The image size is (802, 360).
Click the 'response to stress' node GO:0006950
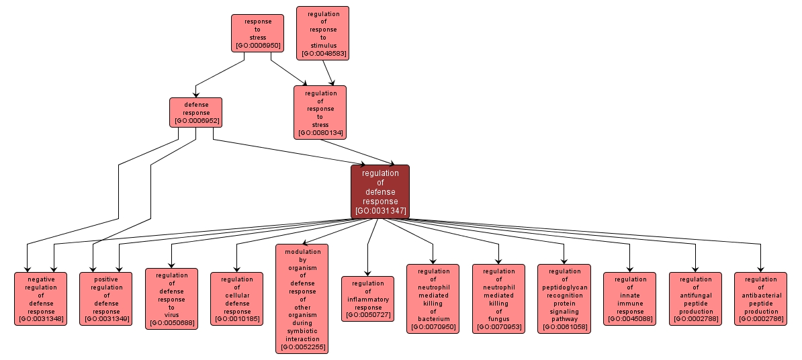tap(257, 34)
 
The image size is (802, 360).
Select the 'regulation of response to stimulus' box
tap(323, 33)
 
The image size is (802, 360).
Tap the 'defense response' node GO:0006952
tap(196, 112)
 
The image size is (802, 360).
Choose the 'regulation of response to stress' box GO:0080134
tap(320, 112)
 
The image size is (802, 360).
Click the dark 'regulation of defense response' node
tap(380, 191)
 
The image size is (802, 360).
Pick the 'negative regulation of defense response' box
tap(41, 299)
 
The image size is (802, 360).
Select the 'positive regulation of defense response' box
tap(106, 299)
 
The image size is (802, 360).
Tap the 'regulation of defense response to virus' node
tap(171, 299)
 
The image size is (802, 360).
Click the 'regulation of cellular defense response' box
tap(236, 299)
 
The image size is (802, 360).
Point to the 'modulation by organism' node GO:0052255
tap(302, 299)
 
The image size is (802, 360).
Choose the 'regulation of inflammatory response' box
tap(367, 299)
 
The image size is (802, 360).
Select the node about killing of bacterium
tap(433, 299)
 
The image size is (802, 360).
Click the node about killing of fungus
tap(498, 299)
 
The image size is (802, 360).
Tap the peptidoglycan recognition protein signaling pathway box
tap(564, 299)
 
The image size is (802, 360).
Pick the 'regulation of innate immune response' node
tap(629, 299)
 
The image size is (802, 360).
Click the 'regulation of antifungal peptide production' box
tap(695, 299)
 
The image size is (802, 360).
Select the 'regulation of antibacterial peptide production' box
tap(760, 299)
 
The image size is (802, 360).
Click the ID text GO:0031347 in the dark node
tap(380, 211)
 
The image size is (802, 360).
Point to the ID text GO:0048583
tap(323, 53)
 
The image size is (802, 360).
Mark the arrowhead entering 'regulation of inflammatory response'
tap(368, 272)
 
